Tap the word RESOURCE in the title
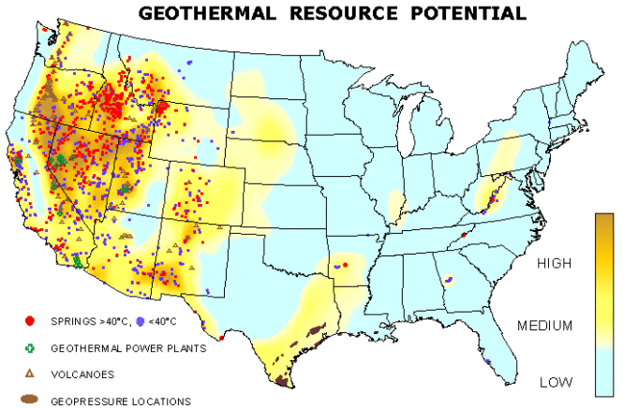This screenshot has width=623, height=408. click(x=332, y=13)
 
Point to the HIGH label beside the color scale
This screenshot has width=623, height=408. click(x=554, y=265)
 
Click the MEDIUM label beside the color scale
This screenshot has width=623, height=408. click(x=545, y=326)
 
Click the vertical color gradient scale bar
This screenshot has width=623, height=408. click(x=605, y=304)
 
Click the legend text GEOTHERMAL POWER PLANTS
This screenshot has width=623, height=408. click(x=128, y=347)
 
